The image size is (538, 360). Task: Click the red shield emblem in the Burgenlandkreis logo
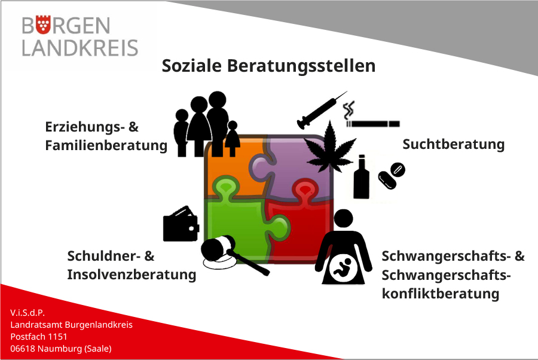tap(43, 25)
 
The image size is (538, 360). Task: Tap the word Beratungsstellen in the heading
tap(301, 66)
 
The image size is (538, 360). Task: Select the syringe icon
tap(322, 110)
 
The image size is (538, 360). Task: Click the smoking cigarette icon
tap(372, 115)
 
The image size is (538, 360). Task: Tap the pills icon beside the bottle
tap(392, 175)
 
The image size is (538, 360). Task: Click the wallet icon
tap(181, 224)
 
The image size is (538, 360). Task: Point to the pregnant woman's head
tap(344, 218)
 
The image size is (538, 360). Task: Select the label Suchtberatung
tap(454, 145)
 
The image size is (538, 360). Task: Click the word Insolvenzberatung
tap(132, 275)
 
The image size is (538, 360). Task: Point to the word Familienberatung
tap(106, 146)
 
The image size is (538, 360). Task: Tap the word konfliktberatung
tap(441, 294)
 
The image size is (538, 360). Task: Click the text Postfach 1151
tap(39, 337)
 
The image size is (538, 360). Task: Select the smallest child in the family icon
tap(233, 139)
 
